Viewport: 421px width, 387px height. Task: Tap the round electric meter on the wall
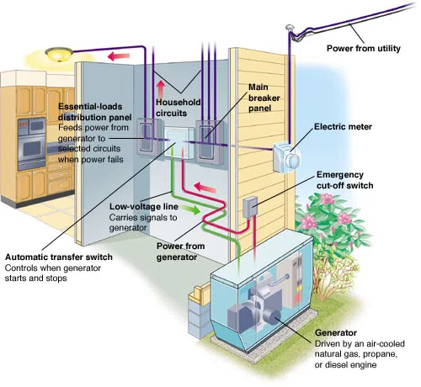pyautogui.click(x=291, y=157)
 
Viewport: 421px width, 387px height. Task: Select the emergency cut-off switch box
pyautogui.click(x=250, y=206)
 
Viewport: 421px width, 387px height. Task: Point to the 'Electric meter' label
pyautogui.click(x=342, y=128)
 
